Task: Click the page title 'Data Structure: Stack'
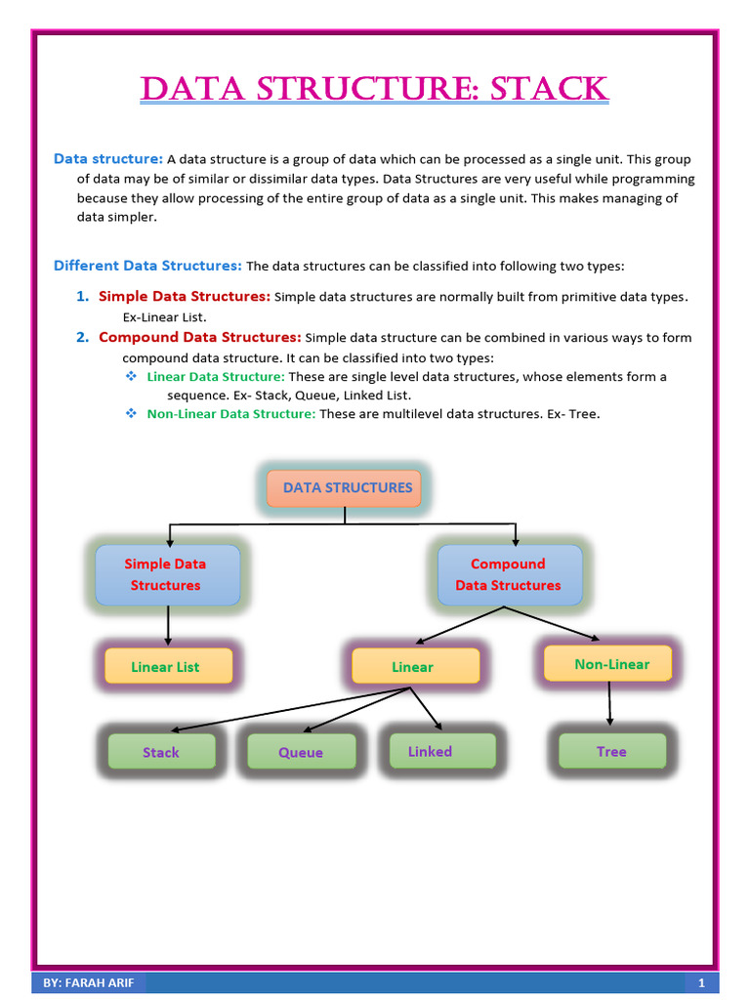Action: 375,89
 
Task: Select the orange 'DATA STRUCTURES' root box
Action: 345,488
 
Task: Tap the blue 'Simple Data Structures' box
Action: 167,575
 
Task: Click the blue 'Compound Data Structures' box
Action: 509,575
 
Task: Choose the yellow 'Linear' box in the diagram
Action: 414,666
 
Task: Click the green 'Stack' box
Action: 161,752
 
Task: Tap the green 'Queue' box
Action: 300,752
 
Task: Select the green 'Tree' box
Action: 611,751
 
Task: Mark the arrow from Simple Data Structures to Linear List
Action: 168,625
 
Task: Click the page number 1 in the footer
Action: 701,982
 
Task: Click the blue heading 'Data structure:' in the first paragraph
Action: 108,159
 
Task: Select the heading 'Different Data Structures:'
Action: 147,266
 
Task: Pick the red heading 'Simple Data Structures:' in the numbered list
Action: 185,296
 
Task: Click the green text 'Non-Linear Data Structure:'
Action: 231,414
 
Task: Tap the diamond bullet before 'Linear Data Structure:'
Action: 131,376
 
